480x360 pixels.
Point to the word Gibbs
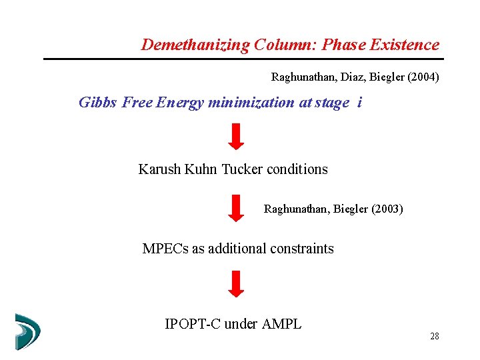coord(98,103)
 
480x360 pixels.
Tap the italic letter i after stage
coord(360,103)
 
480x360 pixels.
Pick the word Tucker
coord(242,169)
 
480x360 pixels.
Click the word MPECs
coord(165,249)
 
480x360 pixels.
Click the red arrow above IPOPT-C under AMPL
coord(236,283)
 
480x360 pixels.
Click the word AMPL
coord(282,325)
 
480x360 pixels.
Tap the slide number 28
coord(435,337)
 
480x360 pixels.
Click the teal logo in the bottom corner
coord(27,331)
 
